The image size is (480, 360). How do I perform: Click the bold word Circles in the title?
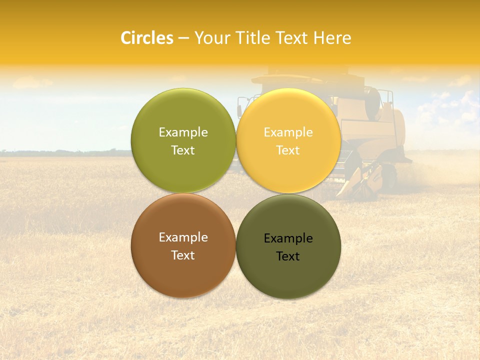pyautogui.click(x=146, y=38)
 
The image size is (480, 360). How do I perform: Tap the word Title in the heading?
pyautogui.click(x=256, y=38)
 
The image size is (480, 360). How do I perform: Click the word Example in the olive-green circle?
pyautogui.click(x=183, y=132)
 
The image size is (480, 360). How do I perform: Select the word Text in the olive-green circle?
pyautogui.click(x=183, y=150)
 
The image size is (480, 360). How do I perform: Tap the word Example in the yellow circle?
pyautogui.click(x=288, y=132)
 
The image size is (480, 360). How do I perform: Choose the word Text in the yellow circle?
pyautogui.click(x=288, y=150)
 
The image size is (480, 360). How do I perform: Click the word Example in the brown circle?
pyautogui.click(x=183, y=237)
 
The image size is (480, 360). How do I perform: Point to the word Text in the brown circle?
pyautogui.click(x=183, y=255)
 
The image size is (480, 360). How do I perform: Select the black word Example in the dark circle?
pyautogui.click(x=288, y=238)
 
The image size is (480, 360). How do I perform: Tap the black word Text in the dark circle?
pyautogui.click(x=288, y=256)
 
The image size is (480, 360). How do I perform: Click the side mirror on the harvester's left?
pyautogui.click(x=240, y=107)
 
